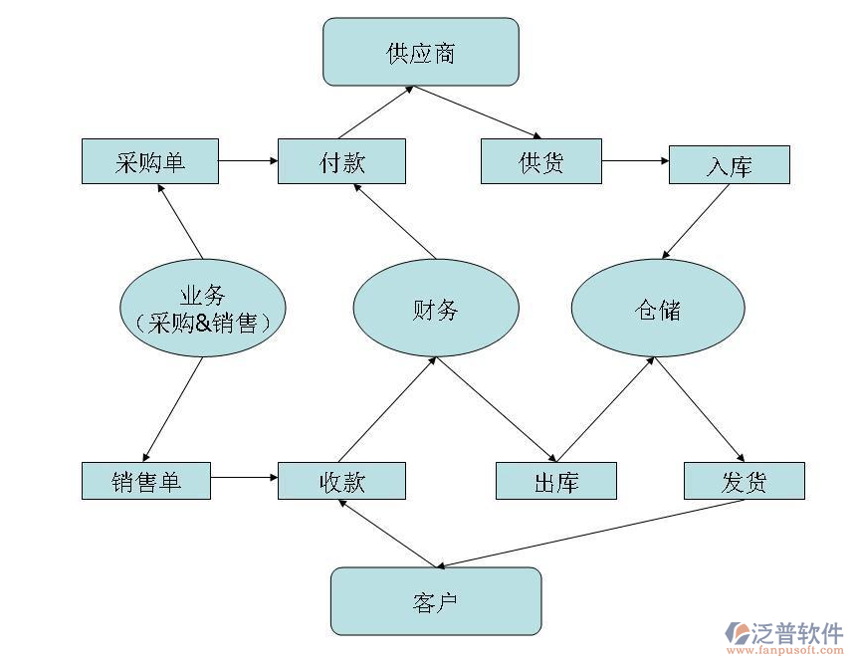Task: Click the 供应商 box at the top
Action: point(420,52)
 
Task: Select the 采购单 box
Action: point(149,161)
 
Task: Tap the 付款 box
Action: point(341,161)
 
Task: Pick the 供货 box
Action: point(541,161)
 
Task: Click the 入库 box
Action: point(729,165)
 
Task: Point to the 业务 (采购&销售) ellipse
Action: point(203,309)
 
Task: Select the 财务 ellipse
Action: point(436,309)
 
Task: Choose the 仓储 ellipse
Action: point(658,309)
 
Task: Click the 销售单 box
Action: point(145,481)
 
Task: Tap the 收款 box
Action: point(341,481)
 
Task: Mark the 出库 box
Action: point(556,482)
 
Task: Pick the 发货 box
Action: point(744,481)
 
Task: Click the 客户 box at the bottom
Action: point(435,601)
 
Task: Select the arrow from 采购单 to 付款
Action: point(248,160)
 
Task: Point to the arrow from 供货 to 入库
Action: point(635,160)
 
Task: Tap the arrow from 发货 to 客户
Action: point(587,533)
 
